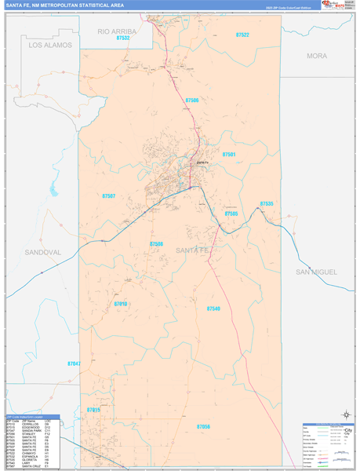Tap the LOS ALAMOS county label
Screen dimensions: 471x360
tap(50, 46)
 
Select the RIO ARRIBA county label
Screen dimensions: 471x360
tap(118, 31)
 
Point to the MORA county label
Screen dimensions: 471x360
tap(317, 57)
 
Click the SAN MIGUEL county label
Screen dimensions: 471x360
tap(316, 272)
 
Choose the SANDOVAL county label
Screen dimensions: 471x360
tap(43, 253)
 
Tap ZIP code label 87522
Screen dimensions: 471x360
tap(242, 35)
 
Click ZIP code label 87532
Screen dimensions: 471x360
tap(122, 38)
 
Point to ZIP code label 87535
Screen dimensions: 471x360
tap(267, 203)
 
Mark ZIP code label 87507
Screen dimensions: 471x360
tap(109, 195)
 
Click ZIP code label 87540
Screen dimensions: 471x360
tap(214, 309)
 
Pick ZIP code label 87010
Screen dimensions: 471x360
tap(120, 304)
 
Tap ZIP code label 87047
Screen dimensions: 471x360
tap(75, 363)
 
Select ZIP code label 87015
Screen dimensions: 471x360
tap(93, 410)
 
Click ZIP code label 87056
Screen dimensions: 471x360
tap(203, 425)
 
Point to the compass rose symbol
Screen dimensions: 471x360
tap(346, 415)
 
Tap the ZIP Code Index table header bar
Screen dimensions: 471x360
tap(31, 418)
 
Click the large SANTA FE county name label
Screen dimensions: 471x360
tap(192, 250)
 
